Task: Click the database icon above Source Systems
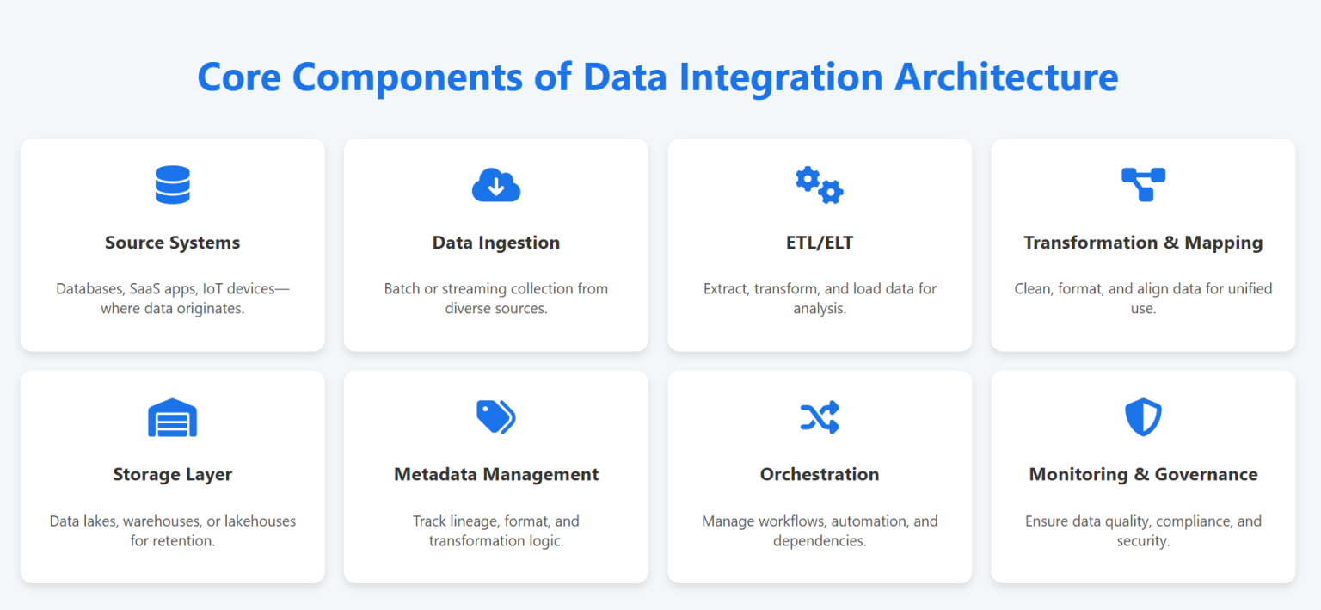point(172,185)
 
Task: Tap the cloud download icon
point(496,185)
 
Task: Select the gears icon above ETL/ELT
point(819,185)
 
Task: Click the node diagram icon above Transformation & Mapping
point(1143,185)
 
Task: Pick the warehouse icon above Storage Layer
point(172,417)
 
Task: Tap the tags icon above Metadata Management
point(496,417)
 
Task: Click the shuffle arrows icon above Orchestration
point(819,417)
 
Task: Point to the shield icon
point(1143,417)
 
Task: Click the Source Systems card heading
point(172,243)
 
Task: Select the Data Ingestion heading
point(496,243)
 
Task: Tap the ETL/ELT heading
point(819,243)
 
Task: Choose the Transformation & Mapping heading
point(1143,243)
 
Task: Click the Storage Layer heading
point(172,474)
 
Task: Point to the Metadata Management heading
point(496,474)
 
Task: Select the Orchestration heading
point(819,474)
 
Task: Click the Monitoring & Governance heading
point(1143,474)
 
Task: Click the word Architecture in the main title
point(1006,77)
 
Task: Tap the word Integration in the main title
point(781,77)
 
